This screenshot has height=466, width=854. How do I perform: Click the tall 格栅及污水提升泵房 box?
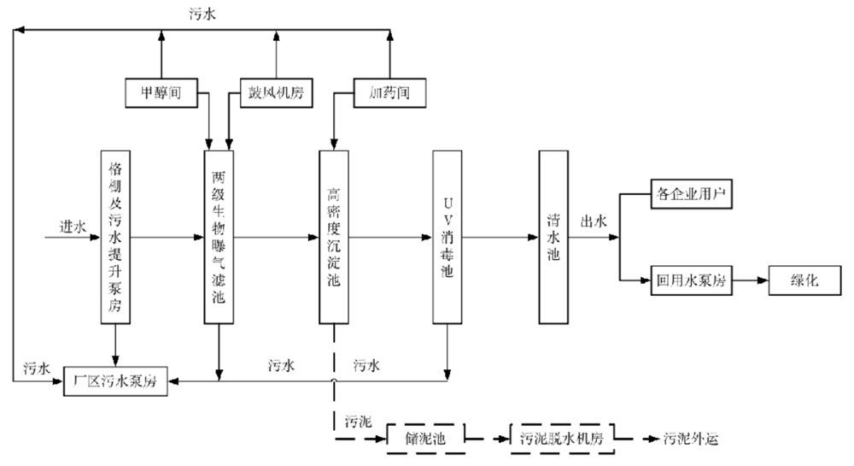click(115, 237)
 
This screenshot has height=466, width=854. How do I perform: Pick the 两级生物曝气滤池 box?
click(219, 237)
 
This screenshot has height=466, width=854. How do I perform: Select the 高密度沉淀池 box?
click(333, 237)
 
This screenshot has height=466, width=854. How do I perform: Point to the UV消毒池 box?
click(447, 237)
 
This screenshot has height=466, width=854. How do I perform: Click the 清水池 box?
click(553, 237)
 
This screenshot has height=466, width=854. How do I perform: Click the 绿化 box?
click(806, 281)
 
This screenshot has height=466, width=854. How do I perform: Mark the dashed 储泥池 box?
click(425, 438)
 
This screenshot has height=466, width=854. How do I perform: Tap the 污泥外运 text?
click(693, 439)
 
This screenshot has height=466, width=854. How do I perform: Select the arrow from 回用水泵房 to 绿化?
click(752, 281)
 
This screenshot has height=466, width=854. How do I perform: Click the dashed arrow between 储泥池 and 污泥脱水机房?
click(487, 438)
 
